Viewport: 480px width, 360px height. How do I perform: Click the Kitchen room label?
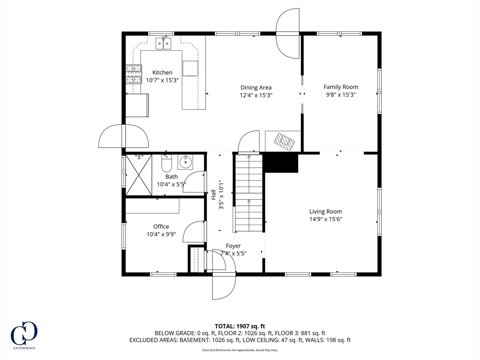coord(162,73)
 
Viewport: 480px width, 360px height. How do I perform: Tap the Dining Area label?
coord(256,88)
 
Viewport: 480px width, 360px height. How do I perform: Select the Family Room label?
coord(341,87)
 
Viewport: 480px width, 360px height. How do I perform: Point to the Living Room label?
coord(325,211)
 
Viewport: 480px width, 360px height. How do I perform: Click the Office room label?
coord(161,226)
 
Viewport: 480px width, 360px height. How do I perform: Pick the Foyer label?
coord(233,246)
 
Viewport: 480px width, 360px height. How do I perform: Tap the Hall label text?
coord(213,195)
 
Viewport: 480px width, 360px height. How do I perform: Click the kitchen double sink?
coord(163,44)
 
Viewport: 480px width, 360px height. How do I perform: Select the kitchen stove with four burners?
coord(134,74)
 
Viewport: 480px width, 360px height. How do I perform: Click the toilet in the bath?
coord(167,163)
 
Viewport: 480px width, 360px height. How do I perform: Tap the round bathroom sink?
coord(185,162)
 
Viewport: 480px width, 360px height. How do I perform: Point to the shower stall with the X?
coord(139,175)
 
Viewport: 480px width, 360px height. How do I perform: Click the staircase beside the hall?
coord(249,193)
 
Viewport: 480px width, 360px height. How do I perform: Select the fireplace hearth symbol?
coord(285,142)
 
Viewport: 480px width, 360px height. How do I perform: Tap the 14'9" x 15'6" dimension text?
coord(325,219)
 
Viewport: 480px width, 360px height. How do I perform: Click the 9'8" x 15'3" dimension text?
coord(341,95)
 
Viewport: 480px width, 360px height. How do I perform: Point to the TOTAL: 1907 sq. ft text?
coord(240,326)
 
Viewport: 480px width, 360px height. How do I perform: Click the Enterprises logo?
coord(24,335)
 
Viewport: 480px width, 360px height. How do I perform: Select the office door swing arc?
coord(188,228)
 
